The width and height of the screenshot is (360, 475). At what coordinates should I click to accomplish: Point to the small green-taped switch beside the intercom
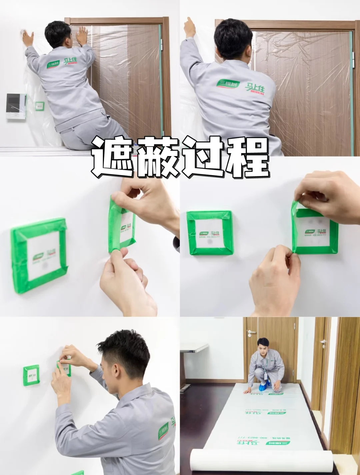[40, 106]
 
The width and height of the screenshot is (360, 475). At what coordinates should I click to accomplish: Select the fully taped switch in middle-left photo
[39, 255]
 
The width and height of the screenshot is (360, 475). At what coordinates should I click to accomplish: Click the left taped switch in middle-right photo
[209, 232]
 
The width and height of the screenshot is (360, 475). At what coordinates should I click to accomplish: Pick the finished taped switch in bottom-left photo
[32, 376]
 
